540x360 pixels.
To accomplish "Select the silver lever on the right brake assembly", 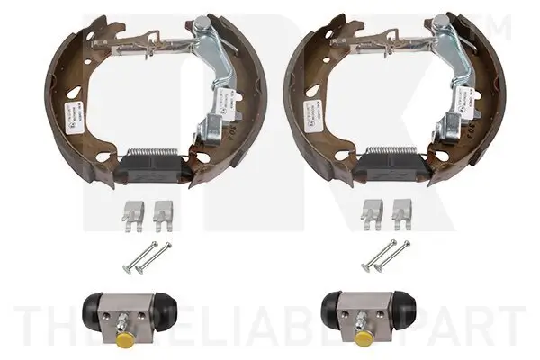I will pyautogui.click(x=455, y=90).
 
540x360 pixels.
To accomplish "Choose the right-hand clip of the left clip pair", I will pyautogui.click(x=162, y=211).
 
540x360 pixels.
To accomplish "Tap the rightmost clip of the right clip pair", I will pyautogui.click(x=401, y=211).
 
